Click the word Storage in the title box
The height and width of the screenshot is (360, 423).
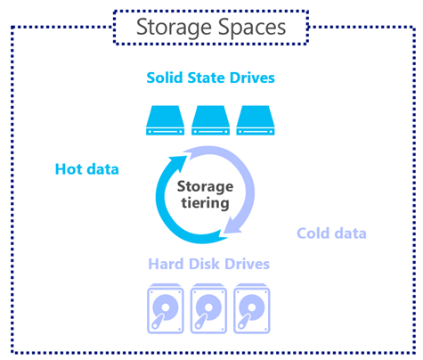[x=174, y=29]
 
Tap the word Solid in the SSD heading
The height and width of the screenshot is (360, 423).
[x=165, y=78]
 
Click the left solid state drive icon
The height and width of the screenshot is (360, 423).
[x=165, y=120]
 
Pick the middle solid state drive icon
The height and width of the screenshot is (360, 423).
[x=210, y=120]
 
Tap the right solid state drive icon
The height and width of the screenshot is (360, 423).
[x=256, y=120]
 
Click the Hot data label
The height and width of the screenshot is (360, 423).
[x=87, y=169]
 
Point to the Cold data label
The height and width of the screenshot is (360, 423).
[x=331, y=233]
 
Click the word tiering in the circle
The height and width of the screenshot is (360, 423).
[x=205, y=203]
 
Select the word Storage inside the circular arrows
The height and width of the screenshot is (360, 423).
[x=205, y=187]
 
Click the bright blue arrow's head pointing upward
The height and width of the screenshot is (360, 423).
[x=177, y=163]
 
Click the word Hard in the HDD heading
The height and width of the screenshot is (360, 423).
[x=166, y=264]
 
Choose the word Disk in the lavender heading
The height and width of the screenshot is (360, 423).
[x=204, y=264]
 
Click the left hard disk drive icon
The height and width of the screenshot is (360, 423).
[x=166, y=309]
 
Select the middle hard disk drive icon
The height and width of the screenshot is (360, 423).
[x=208, y=309]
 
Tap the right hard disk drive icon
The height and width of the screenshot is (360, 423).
[x=252, y=309]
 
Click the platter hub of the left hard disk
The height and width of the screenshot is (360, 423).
[x=166, y=307]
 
